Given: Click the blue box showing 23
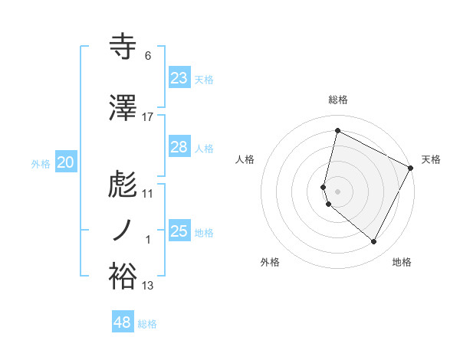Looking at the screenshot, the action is [179, 78].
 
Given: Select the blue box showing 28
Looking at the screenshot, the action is [179, 147].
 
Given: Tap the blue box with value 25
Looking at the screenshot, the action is [179, 231].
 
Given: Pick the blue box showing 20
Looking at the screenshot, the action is [66, 162].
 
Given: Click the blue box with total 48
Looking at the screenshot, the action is [123, 322].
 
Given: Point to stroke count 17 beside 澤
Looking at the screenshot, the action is [148, 116].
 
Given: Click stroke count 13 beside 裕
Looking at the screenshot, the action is [148, 286].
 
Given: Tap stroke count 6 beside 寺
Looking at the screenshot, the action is [148, 56].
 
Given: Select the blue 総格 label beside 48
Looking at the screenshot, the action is [147, 324].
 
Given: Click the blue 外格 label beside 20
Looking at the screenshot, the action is [41, 163].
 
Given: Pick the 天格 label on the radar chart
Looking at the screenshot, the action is [431, 159].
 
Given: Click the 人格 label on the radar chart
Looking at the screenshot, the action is [245, 159].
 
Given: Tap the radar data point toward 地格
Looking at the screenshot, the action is [374, 242].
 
